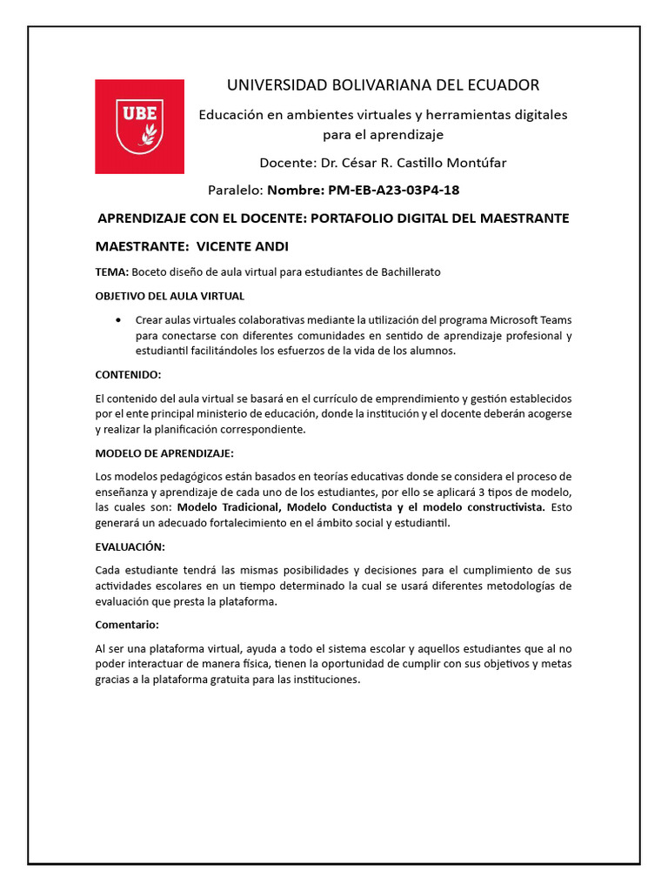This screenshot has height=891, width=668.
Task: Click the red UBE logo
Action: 139,126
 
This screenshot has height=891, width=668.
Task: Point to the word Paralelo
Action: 235,190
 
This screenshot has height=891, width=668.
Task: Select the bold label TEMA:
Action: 111,271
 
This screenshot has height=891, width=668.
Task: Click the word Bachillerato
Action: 411,271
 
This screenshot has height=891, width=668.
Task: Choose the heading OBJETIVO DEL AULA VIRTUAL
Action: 170,296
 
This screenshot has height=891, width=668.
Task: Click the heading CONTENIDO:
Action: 128,374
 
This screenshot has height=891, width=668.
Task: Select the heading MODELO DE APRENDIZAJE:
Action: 164,453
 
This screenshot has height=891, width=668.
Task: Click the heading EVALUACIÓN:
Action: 130,546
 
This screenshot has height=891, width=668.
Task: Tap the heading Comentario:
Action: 127,625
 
